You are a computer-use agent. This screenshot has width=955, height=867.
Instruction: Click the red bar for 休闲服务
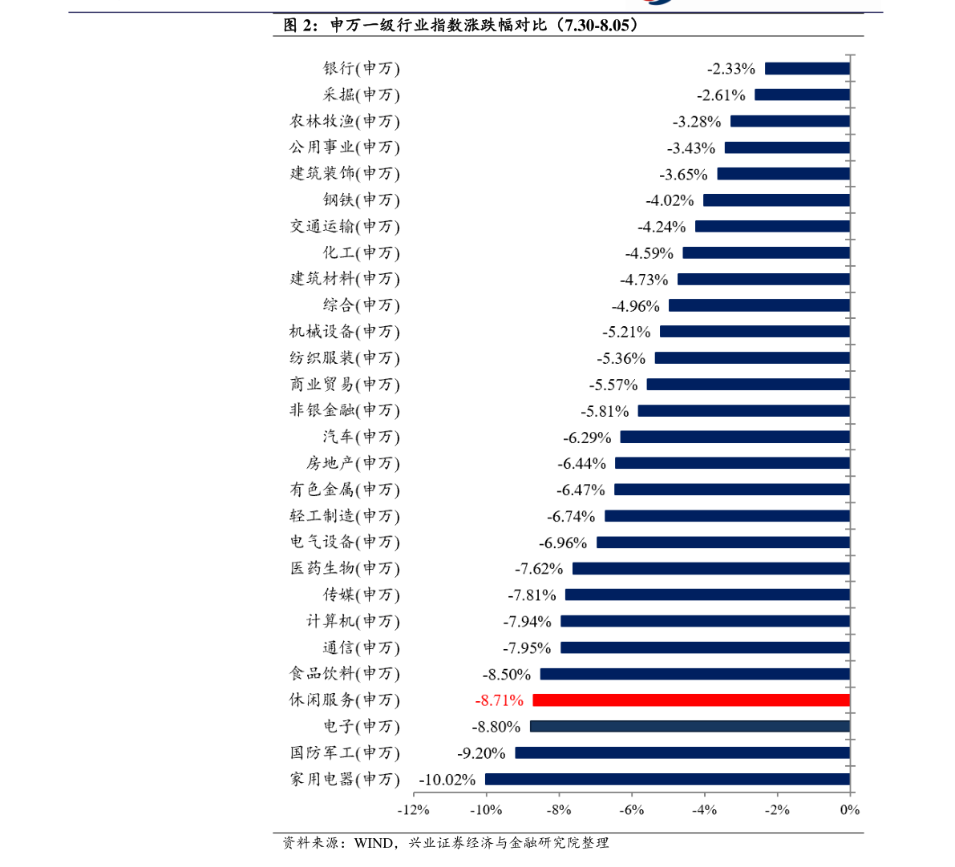[x=691, y=700]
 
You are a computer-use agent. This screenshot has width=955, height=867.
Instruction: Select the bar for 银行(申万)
[x=807, y=69]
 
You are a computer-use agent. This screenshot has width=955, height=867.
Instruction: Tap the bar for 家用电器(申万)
[x=667, y=780]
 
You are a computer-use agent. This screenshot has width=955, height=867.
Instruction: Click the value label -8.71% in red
[x=500, y=700]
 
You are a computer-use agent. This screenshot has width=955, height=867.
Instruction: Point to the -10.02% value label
[x=447, y=780]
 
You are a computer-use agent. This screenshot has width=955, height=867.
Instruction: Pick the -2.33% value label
[x=730, y=69]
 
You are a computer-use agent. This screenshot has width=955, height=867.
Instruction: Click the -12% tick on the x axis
[x=414, y=810]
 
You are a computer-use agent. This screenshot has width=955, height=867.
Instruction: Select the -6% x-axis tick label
[x=632, y=810]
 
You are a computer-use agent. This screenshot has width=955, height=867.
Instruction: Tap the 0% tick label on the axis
[x=850, y=810]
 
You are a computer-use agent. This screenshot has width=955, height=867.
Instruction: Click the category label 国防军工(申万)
[x=345, y=753]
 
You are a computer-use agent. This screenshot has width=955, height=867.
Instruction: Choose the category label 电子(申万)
[x=361, y=726]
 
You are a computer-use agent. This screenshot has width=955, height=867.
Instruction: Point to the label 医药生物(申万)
[x=345, y=569]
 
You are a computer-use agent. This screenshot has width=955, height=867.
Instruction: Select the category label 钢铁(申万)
[x=361, y=200]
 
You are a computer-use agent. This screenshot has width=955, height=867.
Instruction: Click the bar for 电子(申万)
[x=690, y=726]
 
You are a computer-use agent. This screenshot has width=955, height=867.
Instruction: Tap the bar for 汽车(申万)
[x=735, y=438]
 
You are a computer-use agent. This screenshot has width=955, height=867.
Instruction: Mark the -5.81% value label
[x=605, y=412]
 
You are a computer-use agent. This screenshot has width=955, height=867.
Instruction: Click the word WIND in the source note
[x=374, y=843]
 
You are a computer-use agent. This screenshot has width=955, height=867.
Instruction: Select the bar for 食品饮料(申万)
[x=695, y=674]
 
